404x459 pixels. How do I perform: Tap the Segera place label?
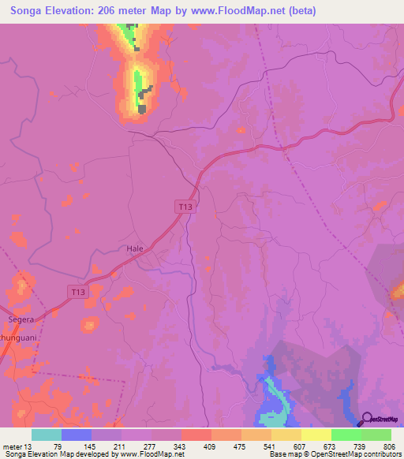21,319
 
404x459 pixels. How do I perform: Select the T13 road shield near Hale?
77,292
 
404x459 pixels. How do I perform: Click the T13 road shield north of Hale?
185,207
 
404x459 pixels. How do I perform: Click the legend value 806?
391,446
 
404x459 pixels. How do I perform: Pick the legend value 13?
32,446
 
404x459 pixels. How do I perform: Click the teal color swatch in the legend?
47,435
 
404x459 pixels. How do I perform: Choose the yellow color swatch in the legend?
316,435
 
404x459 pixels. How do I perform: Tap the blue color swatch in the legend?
77,435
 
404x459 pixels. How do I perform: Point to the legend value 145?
92,446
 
